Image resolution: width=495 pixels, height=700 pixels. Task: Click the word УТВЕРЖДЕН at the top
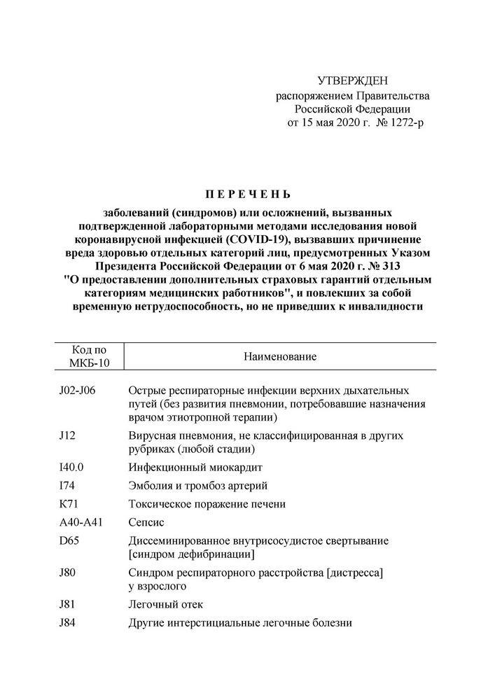352,82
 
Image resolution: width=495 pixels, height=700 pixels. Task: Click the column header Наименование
280,357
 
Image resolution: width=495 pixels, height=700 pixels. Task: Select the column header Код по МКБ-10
89,356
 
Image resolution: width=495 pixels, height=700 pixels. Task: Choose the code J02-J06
77,390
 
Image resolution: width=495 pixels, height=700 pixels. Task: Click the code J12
68,435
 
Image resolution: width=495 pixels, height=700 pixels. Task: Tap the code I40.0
73,467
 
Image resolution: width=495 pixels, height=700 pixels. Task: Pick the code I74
67,486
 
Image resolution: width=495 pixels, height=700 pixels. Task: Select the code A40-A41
82,522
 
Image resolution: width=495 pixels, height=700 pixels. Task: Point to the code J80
69,573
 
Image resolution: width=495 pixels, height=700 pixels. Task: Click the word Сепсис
147,522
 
